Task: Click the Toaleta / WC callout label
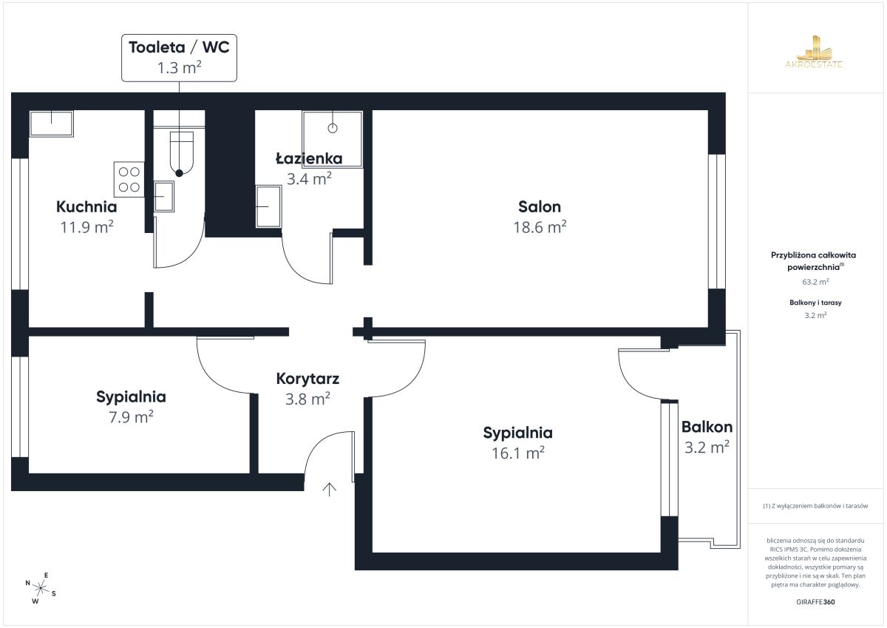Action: coord(179,58)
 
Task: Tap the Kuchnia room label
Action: coord(86,207)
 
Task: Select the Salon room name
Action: coord(540,207)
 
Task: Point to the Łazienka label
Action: coord(309,158)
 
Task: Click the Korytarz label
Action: coord(307,379)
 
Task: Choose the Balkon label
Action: coord(707,427)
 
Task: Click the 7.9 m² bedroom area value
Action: coord(131,417)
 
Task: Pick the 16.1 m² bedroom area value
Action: coord(518,453)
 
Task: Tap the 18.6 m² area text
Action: coord(540,227)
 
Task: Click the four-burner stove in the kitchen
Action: coord(129,180)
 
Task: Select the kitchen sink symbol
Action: coord(52,124)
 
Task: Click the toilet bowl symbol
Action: coord(182,153)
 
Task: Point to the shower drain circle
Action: coord(333,129)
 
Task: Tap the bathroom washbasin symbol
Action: coord(268,206)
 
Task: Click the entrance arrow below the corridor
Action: coord(329,490)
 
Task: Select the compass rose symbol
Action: coord(41,588)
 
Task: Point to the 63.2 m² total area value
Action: coord(815,282)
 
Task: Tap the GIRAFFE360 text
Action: coord(815,602)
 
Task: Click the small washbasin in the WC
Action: coord(163,197)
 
